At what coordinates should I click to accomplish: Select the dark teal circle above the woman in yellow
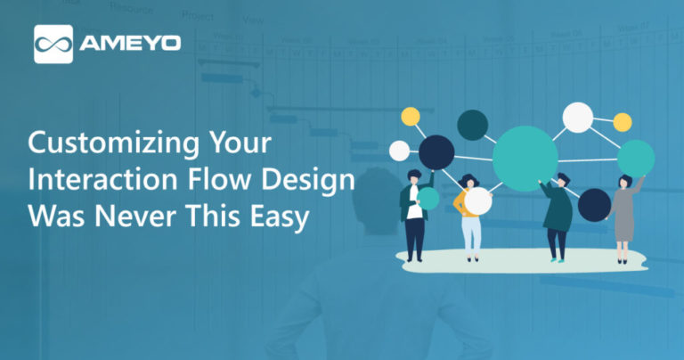472,126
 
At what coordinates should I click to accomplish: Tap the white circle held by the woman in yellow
477,200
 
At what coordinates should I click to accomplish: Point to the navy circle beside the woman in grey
594,205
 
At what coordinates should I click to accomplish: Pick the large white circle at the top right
578,118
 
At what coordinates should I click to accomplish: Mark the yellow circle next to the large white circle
622,122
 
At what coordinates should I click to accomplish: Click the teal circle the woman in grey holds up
636,158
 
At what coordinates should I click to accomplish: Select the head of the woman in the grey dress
624,182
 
